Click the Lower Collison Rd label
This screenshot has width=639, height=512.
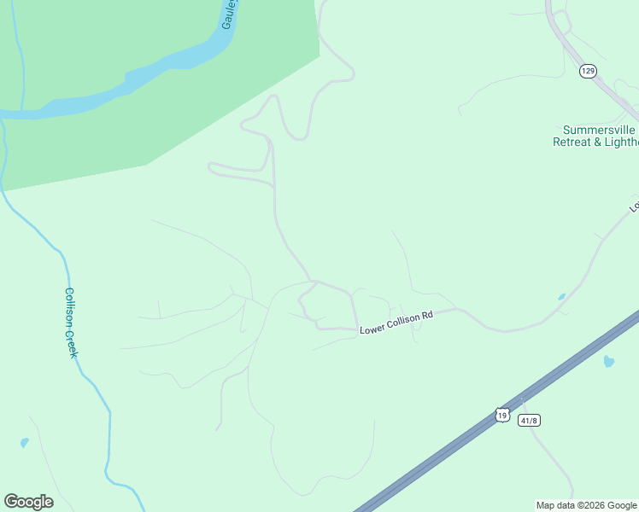pyautogui.click(x=396, y=322)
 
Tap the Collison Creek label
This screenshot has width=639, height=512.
pyautogui.click(x=72, y=322)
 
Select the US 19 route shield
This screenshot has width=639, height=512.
pyautogui.click(x=502, y=415)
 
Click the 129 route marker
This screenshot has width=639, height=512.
pyautogui.click(x=587, y=71)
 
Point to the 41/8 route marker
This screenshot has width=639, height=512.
pyautogui.click(x=529, y=420)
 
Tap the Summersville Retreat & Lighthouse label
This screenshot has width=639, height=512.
pyautogui.click(x=595, y=136)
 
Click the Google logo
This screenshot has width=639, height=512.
pyautogui.click(x=28, y=502)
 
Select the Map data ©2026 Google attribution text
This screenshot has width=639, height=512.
pyautogui.click(x=587, y=505)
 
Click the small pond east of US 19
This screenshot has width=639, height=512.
pyautogui.click(x=608, y=361)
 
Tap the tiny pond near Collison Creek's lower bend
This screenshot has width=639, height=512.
pyautogui.click(x=24, y=443)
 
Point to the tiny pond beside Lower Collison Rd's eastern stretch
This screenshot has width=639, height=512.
pyautogui.click(x=560, y=297)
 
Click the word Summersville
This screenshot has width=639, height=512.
pyautogui.click(x=595, y=130)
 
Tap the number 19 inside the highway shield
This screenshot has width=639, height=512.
pyautogui.click(x=502, y=415)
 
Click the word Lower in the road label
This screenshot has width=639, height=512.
pyautogui.click(x=372, y=328)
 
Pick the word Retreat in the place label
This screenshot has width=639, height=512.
pyautogui.click(x=572, y=142)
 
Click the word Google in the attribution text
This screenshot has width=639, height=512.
pyautogui.click(x=622, y=505)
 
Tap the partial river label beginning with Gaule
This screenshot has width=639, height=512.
pyautogui.click(x=228, y=15)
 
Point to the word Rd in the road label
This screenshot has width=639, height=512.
pyautogui.click(x=427, y=315)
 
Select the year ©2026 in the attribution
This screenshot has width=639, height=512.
pyautogui.click(x=592, y=505)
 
